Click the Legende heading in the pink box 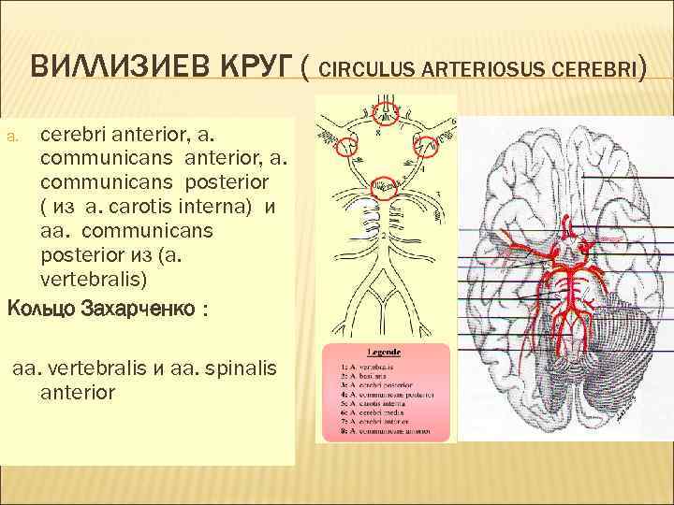click(x=384, y=353)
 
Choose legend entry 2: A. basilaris click(x=375, y=371)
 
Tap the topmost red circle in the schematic click(x=384, y=115)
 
